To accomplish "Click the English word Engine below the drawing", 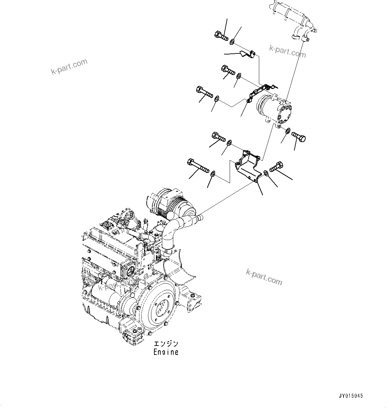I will (166, 352).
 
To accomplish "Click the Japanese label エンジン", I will (166, 344).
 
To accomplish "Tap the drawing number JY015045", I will (351, 396).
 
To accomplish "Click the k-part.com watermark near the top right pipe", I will (287, 50).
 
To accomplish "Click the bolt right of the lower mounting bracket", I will (276, 167).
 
